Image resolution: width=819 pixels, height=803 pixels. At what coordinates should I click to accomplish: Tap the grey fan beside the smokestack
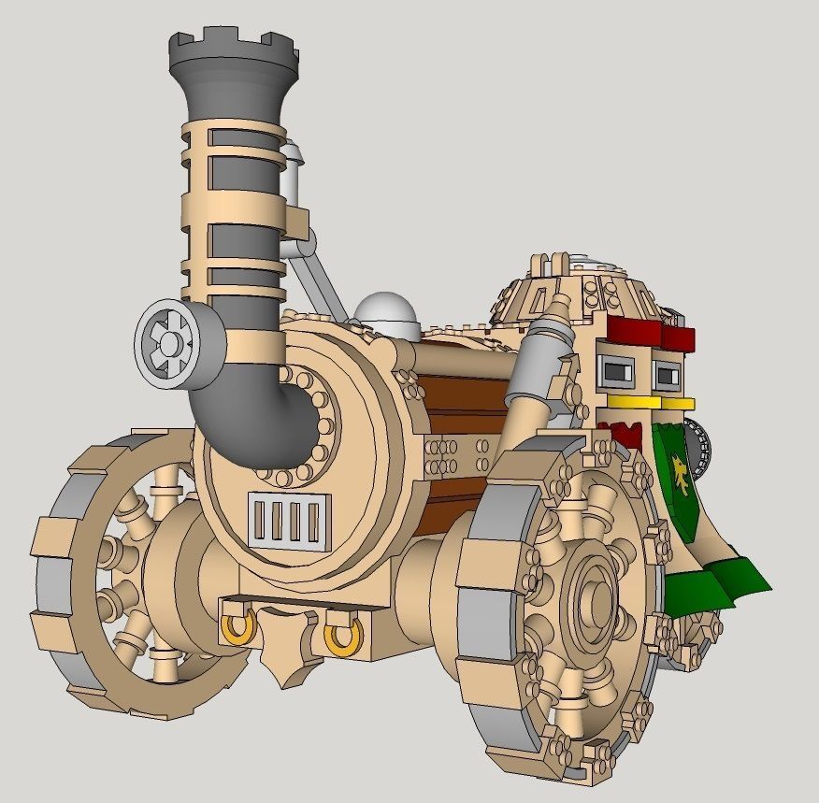[170, 344]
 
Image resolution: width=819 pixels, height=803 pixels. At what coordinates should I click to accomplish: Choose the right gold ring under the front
[344, 636]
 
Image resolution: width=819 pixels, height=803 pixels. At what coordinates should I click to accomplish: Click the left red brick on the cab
[633, 330]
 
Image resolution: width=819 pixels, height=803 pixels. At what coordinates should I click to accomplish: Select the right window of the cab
[667, 375]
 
